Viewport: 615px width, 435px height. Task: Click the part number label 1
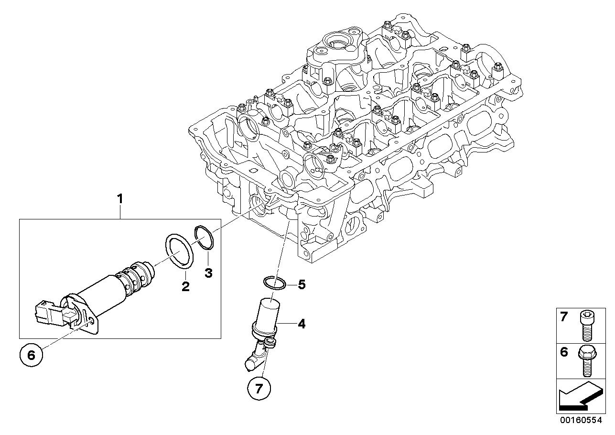tap(120, 198)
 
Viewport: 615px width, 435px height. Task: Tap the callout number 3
tap(208, 273)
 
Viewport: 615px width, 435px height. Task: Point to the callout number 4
tap(301, 324)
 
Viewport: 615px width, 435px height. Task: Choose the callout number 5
tap(301, 285)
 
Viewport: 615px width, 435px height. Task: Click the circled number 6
tap(32, 355)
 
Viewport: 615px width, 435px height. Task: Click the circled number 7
tap(259, 388)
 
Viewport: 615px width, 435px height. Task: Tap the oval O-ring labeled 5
tap(275, 283)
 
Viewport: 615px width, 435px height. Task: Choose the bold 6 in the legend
tap(564, 352)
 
